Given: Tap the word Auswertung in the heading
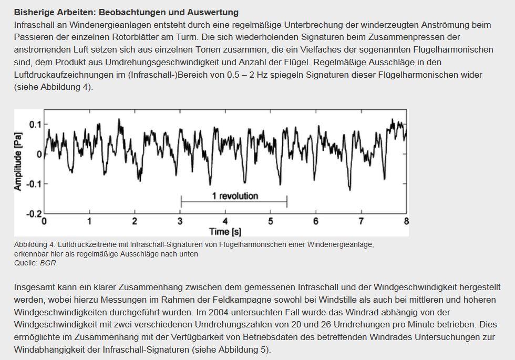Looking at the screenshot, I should pyautogui.click(x=214, y=12).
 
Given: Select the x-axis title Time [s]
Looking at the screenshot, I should pyautogui.click(x=225, y=231).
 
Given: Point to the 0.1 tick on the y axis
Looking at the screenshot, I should pyautogui.click(x=35, y=125).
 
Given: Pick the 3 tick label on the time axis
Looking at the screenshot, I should pyautogui.click(x=180, y=221).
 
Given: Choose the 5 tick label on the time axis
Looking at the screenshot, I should pyautogui.click(x=271, y=221).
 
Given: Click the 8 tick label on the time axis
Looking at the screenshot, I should pyautogui.click(x=406, y=221).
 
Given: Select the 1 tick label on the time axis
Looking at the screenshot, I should pyautogui.click(x=89, y=221).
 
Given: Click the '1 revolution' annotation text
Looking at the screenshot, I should pyautogui.click(x=235, y=196).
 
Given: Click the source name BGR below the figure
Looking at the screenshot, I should pyautogui.click(x=48, y=263).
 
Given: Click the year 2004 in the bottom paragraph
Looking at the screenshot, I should pyautogui.click(x=218, y=312).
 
